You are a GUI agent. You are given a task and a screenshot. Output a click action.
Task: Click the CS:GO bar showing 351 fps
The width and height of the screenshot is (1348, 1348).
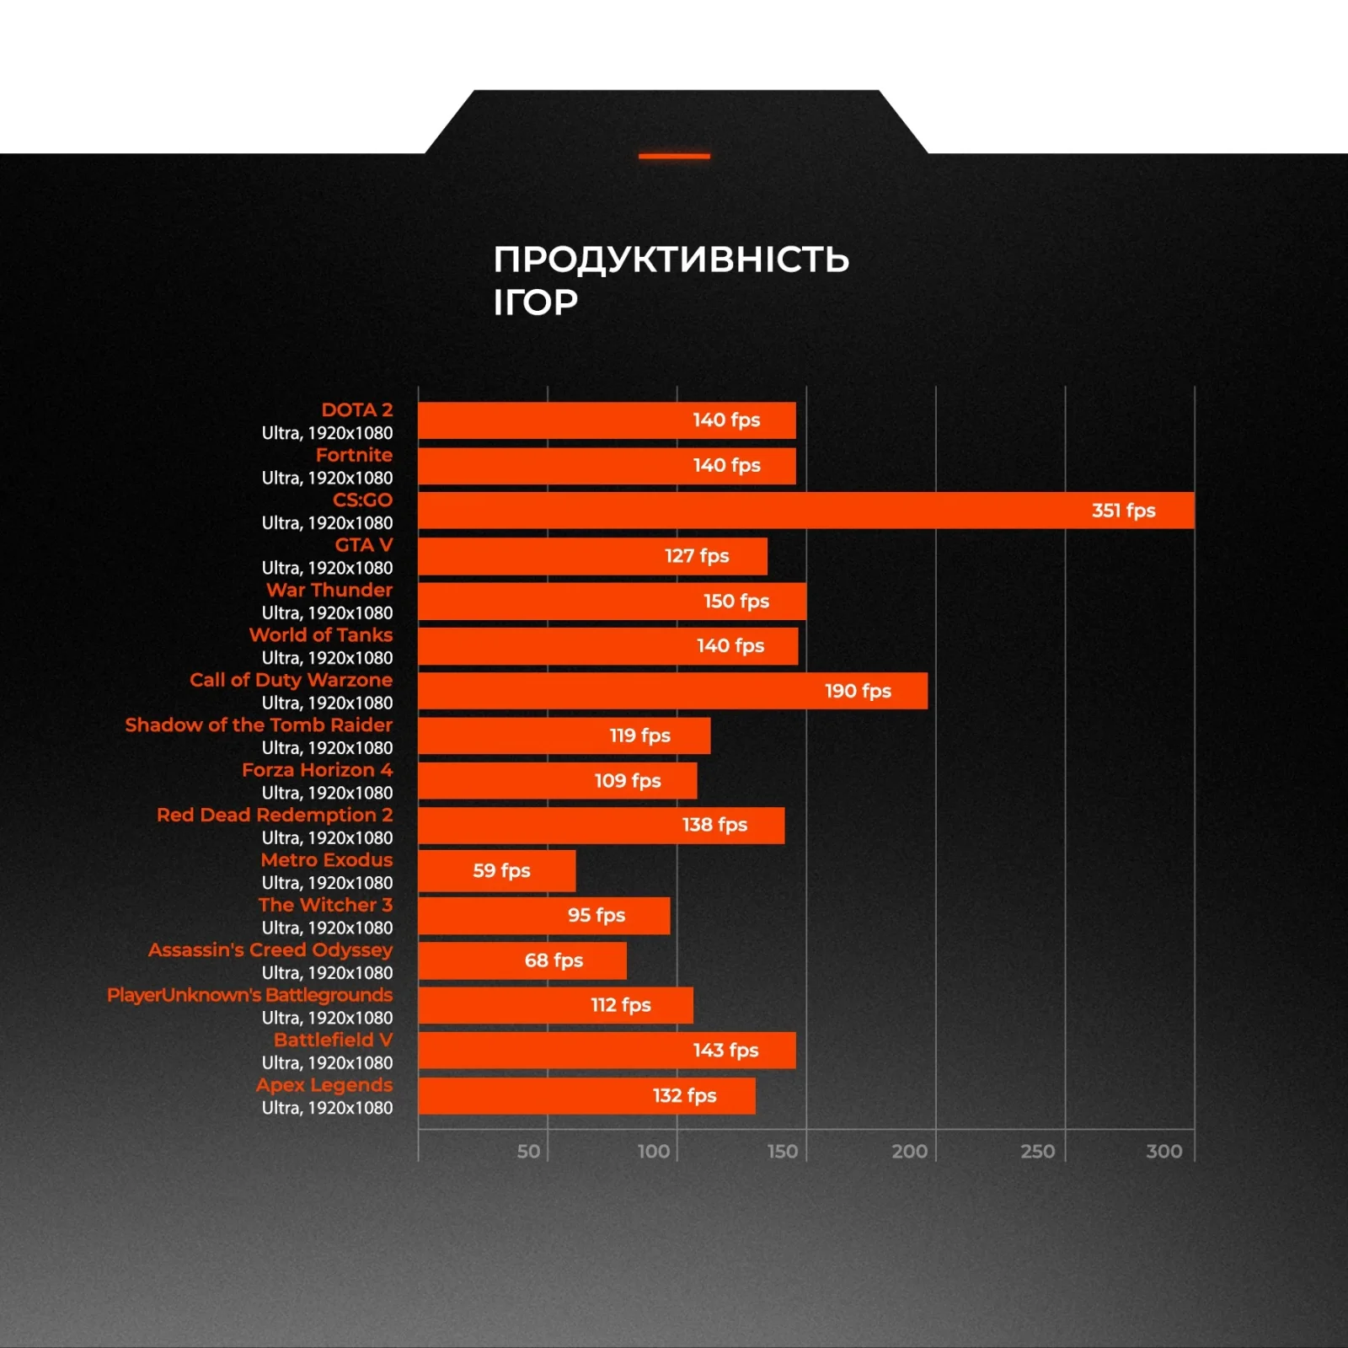805,511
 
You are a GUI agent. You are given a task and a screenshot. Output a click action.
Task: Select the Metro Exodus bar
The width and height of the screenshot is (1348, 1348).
497,870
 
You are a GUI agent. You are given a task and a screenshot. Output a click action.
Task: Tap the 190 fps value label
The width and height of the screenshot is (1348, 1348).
857,691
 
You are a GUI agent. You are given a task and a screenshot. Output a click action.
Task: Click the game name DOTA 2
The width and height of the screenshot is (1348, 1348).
356,409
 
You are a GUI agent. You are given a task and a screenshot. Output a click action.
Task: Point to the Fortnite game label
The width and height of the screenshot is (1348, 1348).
354,455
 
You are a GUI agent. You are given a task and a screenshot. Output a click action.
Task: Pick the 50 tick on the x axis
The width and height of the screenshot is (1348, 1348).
528,1151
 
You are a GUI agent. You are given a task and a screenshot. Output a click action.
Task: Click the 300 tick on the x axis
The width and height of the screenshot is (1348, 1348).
1163,1151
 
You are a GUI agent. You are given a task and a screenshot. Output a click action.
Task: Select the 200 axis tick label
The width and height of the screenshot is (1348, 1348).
909,1151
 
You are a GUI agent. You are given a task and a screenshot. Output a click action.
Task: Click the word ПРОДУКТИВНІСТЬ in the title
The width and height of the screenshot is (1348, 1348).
671,259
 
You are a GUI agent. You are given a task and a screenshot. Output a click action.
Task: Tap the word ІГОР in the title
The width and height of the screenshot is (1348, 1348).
535,302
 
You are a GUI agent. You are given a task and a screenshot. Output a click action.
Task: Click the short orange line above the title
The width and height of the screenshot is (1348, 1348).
674,156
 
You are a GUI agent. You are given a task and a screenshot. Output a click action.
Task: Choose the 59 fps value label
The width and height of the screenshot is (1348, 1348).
501,870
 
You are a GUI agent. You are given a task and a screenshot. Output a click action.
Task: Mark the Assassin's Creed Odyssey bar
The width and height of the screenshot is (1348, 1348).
522,960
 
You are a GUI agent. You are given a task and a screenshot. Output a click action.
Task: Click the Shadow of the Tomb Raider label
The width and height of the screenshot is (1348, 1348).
259,725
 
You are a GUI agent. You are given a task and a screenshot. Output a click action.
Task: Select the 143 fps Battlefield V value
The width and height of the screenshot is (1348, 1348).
725,1050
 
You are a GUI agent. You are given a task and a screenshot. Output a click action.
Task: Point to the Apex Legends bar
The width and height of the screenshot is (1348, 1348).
586,1095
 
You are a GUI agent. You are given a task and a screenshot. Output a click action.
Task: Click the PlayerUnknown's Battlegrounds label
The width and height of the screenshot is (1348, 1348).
249,995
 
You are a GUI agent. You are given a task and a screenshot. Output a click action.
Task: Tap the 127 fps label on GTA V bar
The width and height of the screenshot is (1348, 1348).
696,556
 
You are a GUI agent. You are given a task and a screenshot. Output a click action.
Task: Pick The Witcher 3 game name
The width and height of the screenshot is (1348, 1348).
325,905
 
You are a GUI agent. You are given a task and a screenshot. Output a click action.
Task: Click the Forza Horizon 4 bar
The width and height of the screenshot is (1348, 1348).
557,780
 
